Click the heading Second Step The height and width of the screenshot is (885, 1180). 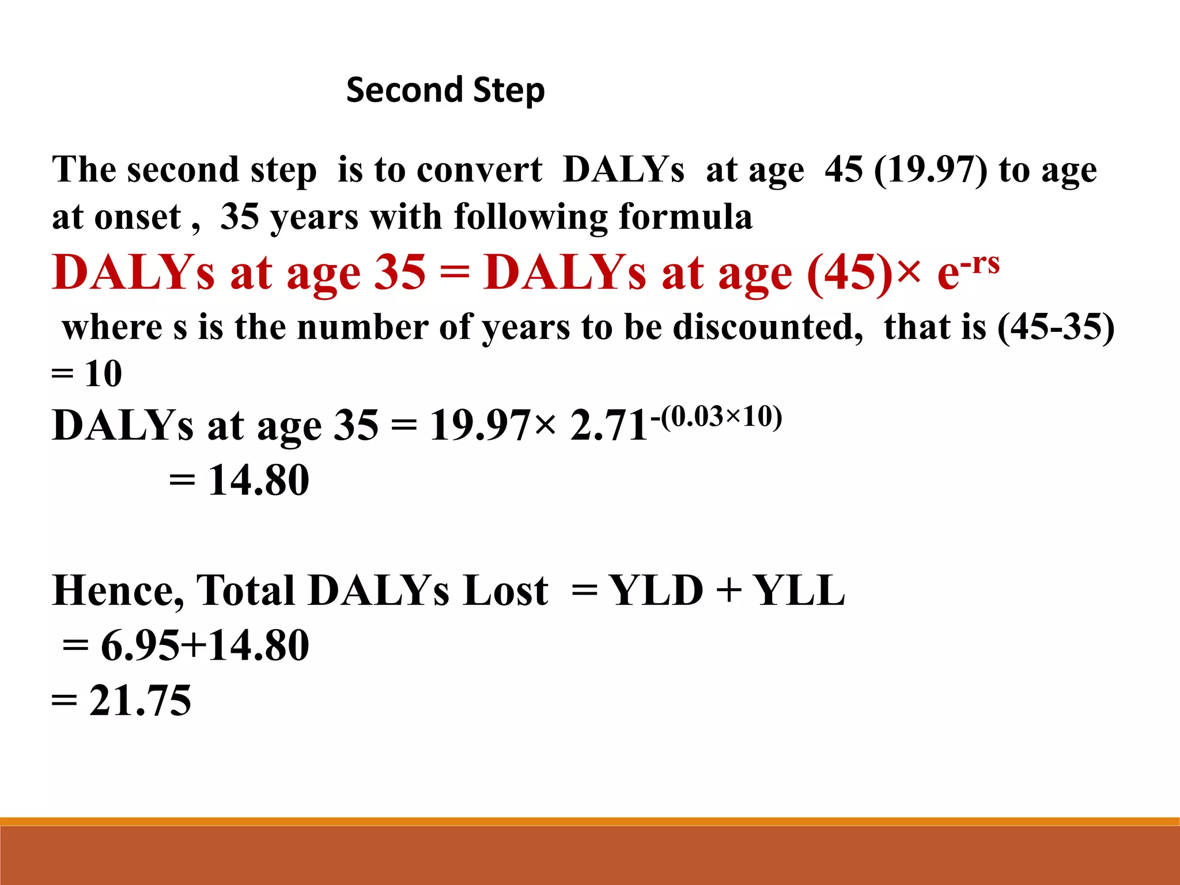[445, 90]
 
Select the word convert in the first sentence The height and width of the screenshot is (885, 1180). [479, 170]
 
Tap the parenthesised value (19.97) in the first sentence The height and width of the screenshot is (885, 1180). [931, 170]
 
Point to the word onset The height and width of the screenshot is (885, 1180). [138, 217]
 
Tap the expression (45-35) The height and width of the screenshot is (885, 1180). [1056, 327]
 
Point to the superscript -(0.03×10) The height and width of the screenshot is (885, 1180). [716, 416]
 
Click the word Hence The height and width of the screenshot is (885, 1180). [118, 591]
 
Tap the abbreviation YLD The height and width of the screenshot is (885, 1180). [656, 591]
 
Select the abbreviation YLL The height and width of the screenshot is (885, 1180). [799, 591]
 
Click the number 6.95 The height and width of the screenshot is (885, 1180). [140, 645]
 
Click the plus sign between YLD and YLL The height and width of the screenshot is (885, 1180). [728, 591]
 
